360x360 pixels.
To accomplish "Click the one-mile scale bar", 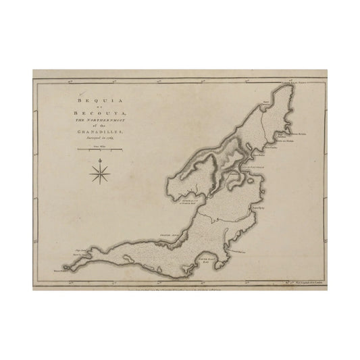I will [99, 147].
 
